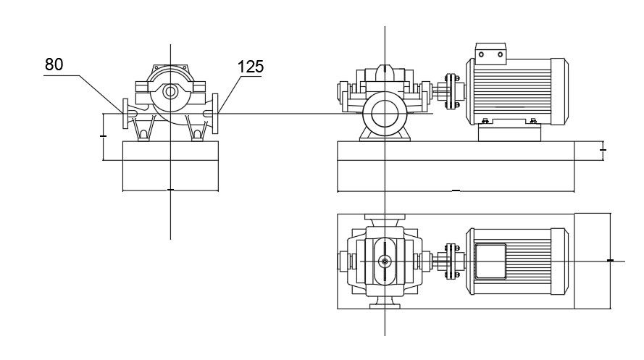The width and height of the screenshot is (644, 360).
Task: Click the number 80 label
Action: coord(54,64)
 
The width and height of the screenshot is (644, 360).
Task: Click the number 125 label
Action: coord(250,67)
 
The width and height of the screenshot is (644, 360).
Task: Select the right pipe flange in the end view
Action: coord(215,114)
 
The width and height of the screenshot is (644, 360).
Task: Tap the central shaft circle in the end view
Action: coord(170,92)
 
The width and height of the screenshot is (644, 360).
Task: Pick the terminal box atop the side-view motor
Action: coord(490,53)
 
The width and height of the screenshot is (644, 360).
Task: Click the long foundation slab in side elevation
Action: coord(456,167)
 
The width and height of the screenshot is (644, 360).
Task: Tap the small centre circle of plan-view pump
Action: coord(385,261)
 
